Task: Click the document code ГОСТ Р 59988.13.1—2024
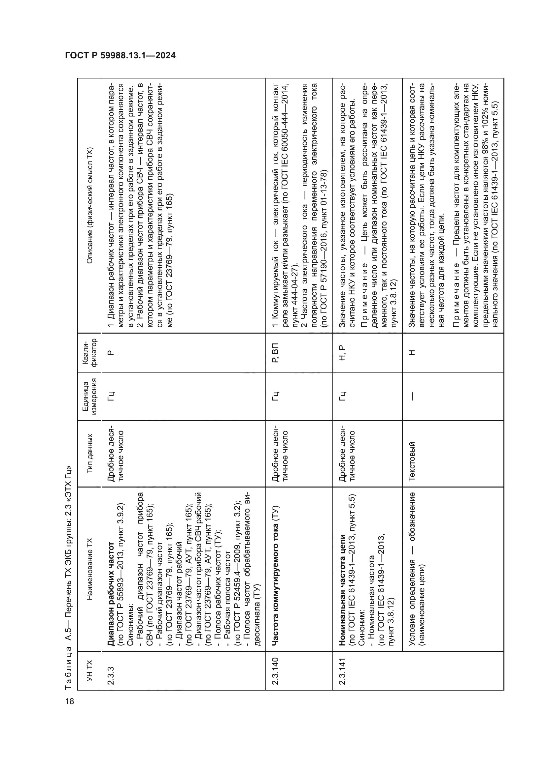[x=120, y=55]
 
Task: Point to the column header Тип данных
[x=89, y=453]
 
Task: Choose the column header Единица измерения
[x=89, y=396]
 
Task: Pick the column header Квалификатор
[x=89, y=353]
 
